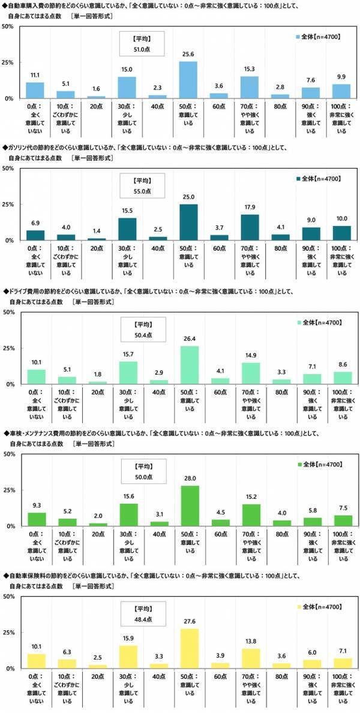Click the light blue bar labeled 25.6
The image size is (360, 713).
(x=189, y=79)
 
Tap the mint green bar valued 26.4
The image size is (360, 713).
(x=189, y=365)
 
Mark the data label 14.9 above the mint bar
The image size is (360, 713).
(x=251, y=356)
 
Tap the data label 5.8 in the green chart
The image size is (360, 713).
(x=312, y=510)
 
